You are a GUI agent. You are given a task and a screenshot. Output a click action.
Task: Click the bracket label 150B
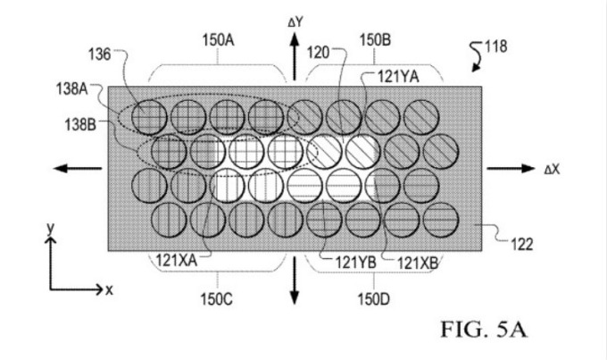[x=374, y=40]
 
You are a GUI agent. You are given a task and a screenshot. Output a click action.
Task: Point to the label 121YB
[x=353, y=262]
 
